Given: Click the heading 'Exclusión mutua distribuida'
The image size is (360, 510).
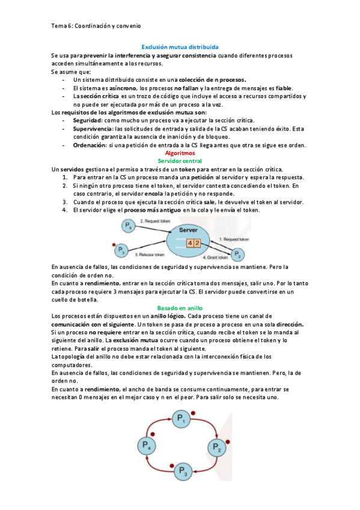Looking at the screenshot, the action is [x=180, y=46].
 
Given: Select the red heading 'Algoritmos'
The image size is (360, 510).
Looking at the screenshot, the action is [x=180, y=153].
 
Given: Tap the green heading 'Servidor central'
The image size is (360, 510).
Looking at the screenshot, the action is [x=180, y=161].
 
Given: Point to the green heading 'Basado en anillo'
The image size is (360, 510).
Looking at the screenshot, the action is [x=180, y=307].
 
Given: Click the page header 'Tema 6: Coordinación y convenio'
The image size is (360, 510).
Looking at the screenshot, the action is [x=96, y=26].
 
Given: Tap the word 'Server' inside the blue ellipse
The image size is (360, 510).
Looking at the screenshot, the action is [x=188, y=230].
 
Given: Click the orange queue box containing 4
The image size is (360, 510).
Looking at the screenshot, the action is [x=190, y=243].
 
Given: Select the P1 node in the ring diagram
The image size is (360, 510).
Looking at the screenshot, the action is [x=180, y=419].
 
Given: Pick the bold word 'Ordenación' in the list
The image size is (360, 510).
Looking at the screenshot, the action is [x=90, y=145].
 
